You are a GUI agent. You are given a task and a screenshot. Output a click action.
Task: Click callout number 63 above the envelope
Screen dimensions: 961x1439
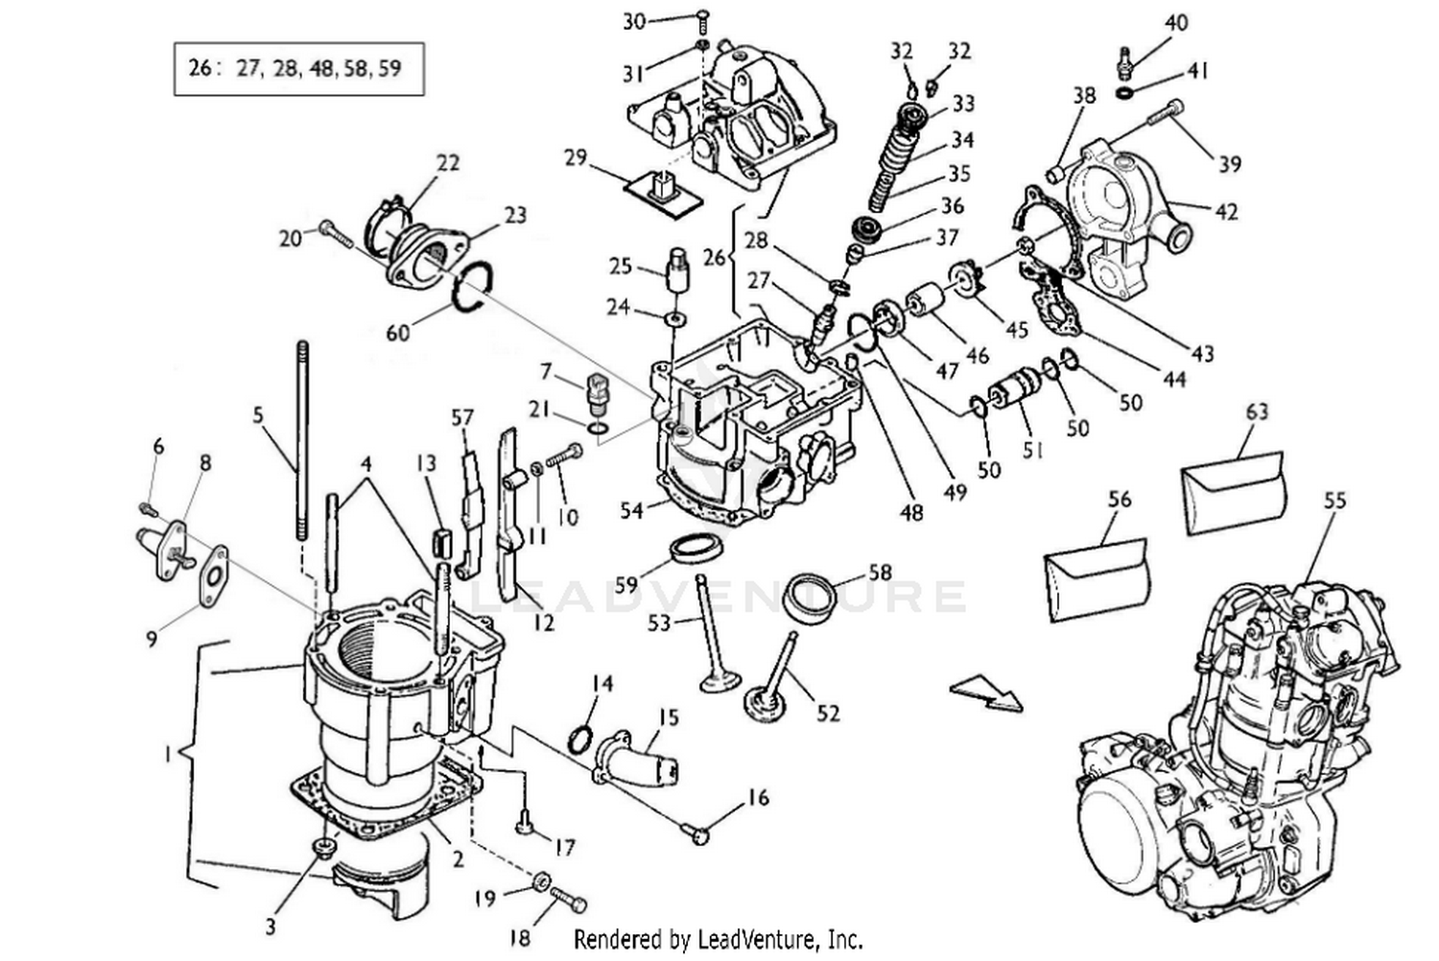click(x=1257, y=411)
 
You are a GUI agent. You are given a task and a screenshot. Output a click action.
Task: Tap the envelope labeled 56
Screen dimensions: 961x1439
click(x=1096, y=579)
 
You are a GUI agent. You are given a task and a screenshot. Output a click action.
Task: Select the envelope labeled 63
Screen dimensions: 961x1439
click(x=1233, y=492)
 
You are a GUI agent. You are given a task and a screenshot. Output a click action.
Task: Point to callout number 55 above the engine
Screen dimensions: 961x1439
click(x=1334, y=500)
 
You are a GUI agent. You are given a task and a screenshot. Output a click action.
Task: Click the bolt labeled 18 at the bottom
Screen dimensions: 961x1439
click(x=568, y=902)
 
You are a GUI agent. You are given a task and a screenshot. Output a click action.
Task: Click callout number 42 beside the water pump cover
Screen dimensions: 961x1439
click(x=1226, y=211)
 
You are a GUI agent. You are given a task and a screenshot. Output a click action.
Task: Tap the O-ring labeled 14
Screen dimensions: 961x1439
click(x=579, y=739)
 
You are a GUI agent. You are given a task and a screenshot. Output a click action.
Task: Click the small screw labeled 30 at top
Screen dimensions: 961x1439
click(x=701, y=17)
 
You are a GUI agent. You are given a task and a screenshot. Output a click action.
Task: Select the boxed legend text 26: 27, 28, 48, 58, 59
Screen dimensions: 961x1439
click(x=298, y=68)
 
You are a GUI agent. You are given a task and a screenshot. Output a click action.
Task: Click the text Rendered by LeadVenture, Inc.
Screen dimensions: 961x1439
click(x=718, y=937)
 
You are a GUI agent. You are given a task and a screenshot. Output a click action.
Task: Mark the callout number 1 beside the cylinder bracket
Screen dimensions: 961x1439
click(x=168, y=755)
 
